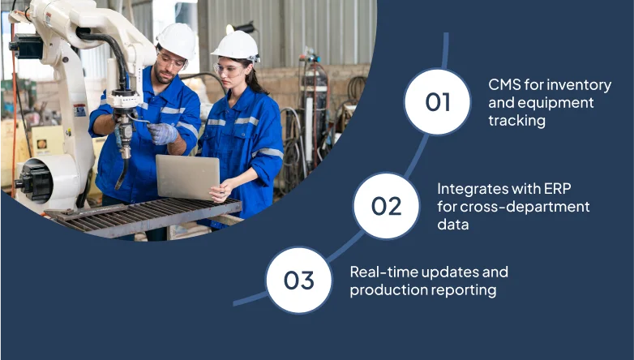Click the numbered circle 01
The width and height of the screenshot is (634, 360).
point(438,101)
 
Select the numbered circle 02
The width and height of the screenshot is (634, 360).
point(387,205)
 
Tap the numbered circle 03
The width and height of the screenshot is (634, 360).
point(299,280)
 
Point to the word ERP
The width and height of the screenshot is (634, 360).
point(558,188)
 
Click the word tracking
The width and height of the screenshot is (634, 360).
point(516,121)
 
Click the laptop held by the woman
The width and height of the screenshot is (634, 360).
point(187,177)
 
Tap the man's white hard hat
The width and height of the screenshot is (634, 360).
point(177,40)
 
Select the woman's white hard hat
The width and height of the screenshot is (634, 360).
point(236,45)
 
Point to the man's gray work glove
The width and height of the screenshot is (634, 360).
point(161,134)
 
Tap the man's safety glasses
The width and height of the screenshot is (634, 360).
point(170,61)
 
